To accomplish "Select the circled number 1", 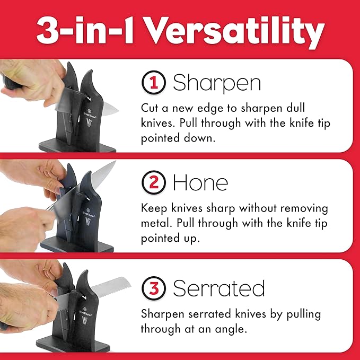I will tap(153, 83).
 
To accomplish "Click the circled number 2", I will tap(153, 182).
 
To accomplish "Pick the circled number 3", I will tap(153, 288).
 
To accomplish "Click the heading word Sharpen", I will tap(217, 84).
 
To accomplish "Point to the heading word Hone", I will tap(200, 183).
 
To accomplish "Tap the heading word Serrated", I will tap(218, 289).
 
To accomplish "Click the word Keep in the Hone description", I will tap(154, 208).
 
